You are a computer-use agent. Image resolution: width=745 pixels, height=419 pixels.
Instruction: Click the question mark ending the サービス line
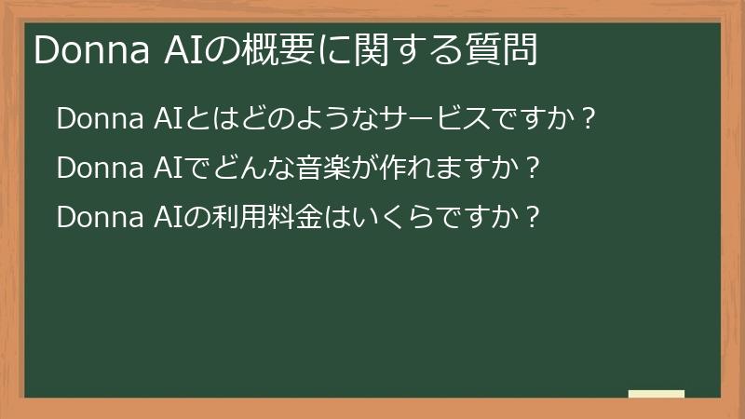coord(587,121)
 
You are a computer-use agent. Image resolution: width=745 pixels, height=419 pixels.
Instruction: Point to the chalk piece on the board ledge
coord(656,394)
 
